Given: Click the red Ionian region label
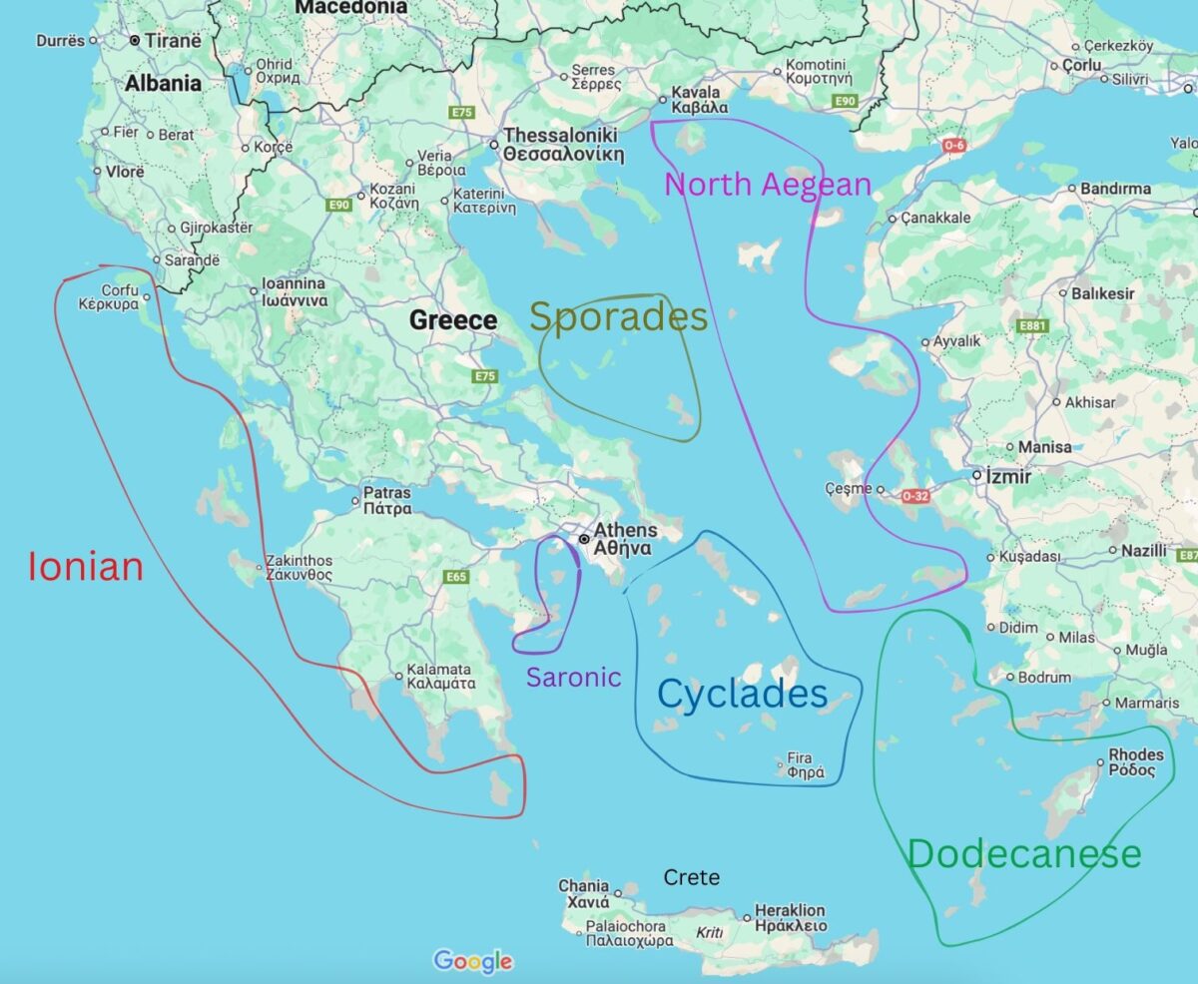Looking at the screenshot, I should tap(86, 567).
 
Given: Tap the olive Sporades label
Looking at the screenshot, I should tap(618, 317).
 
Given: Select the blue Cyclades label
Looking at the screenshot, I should tap(743, 695).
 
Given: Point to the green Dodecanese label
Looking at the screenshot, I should tap(1023, 854).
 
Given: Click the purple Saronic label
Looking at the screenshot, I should tap(573, 678).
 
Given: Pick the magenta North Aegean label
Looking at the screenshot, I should tap(767, 185).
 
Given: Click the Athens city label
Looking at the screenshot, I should tap(624, 539).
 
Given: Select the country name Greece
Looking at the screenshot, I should tap(453, 320).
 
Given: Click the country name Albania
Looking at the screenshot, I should tap(163, 84).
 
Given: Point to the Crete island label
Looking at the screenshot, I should tap(691, 878).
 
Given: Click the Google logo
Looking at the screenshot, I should tap(473, 961).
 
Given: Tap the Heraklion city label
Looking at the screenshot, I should tap(790, 918).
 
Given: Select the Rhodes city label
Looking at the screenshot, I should tap(1136, 762).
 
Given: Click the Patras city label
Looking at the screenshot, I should tap(386, 500).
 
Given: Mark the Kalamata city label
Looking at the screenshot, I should tap(440, 677).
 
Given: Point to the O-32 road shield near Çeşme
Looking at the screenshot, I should tap(915, 495).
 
